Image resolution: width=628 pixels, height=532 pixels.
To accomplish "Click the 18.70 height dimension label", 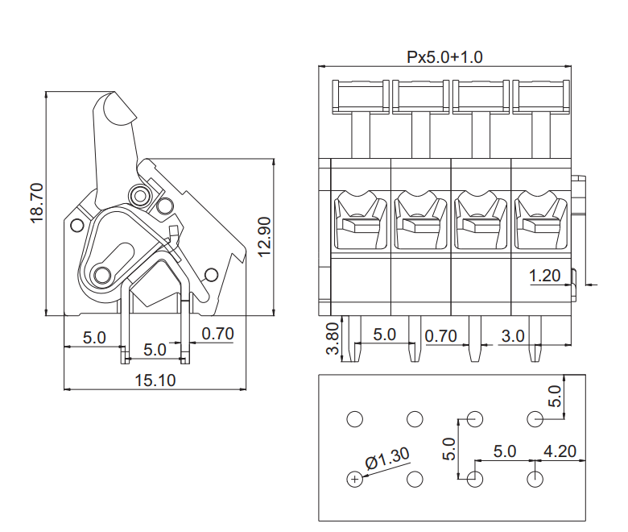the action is (x=36, y=203).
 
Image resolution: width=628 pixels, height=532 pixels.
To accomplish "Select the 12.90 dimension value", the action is (x=264, y=237).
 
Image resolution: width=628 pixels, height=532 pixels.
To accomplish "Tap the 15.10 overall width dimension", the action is (x=155, y=380).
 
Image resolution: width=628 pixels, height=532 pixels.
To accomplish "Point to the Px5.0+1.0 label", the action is (x=444, y=57).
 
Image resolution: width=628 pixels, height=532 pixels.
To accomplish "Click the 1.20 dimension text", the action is (x=545, y=276).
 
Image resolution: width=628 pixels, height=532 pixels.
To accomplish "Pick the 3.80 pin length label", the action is (x=333, y=339).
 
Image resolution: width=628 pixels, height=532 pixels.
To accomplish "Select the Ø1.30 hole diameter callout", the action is (x=387, y=458).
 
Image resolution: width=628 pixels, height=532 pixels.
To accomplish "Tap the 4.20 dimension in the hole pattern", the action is (x=560, y=451).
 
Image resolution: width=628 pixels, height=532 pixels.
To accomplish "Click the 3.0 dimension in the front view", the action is (x=513, y=336).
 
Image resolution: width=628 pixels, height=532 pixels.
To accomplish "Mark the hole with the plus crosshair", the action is (x=354, y=479).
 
